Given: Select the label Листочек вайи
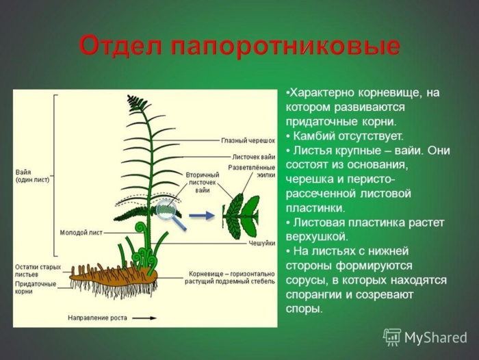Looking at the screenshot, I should (x=253, y=157).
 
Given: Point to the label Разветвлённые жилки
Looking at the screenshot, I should (x=252, y=171).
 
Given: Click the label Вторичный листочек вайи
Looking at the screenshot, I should (x=202, y=183).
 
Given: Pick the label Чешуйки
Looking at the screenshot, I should (x=261, y=243).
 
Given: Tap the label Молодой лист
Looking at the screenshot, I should (x=81, y=233).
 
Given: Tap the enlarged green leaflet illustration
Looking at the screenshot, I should (x=239, y=214).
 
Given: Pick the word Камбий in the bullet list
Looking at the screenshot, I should (x=315, y=136).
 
